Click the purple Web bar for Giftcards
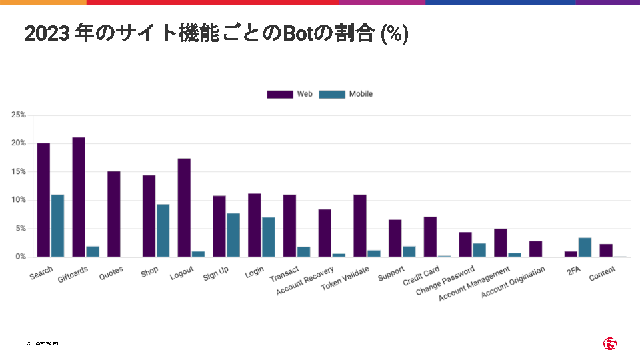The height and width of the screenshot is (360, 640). [79, 197]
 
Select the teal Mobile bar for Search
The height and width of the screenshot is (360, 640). [58, 225]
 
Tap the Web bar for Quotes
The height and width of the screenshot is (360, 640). [114, 214]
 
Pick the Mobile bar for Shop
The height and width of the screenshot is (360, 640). [163, 230]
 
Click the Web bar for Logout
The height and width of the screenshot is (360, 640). [184, 207]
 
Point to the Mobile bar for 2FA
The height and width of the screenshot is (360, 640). [585, 247]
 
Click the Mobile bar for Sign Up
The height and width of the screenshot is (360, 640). [233, 235]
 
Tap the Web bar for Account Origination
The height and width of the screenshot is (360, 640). [535, 249]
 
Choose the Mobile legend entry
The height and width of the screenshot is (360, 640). [346, 94]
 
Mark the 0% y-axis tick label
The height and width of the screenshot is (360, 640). [21, 257]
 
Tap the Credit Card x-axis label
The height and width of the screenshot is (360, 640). [421, 276]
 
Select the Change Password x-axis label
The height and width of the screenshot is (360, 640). [445, 281]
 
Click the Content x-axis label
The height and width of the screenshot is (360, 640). [602, 273]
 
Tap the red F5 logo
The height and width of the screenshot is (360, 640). [610, 343]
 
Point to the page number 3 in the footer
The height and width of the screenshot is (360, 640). [29, 343]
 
